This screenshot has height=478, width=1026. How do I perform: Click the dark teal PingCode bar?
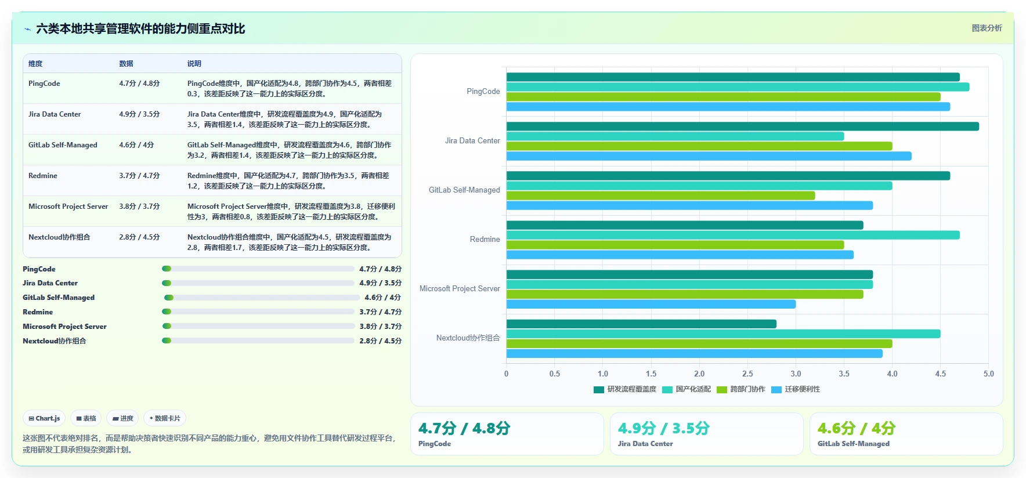(x=733, y=77)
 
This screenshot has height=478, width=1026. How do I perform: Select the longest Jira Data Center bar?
(x=743, y=126)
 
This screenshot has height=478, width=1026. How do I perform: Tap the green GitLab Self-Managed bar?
(x=661, y=195)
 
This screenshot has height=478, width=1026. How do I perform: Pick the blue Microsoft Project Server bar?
(x=651, y=304)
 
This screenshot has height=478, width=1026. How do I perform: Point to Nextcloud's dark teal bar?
(x=641, y=324)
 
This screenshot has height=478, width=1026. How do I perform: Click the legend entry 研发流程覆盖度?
(x=625, y=389)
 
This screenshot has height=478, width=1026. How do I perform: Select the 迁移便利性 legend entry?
(x=796, y=389)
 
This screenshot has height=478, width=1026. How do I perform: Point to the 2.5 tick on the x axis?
(x=747, y=374)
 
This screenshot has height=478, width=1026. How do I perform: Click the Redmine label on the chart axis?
(x=485, y=239)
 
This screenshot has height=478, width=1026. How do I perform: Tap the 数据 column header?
(x=126, y=64)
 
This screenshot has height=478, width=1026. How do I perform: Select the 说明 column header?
(x=194, y=64)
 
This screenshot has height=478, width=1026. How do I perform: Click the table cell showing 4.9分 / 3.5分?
(x=139, y=114)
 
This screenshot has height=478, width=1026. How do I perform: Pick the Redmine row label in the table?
(x=43, y=176)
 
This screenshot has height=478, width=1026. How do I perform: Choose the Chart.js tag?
(x=45, y=418)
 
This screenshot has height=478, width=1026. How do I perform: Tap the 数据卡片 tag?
(x=165, y=418)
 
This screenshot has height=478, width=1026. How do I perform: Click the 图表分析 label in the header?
(x=987, y=28)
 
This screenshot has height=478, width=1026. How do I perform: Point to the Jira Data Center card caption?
(x=645, y=444)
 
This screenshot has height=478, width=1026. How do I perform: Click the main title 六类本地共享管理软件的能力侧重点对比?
(x=140, y=28)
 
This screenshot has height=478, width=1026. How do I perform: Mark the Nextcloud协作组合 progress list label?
(x=55, y=341)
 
